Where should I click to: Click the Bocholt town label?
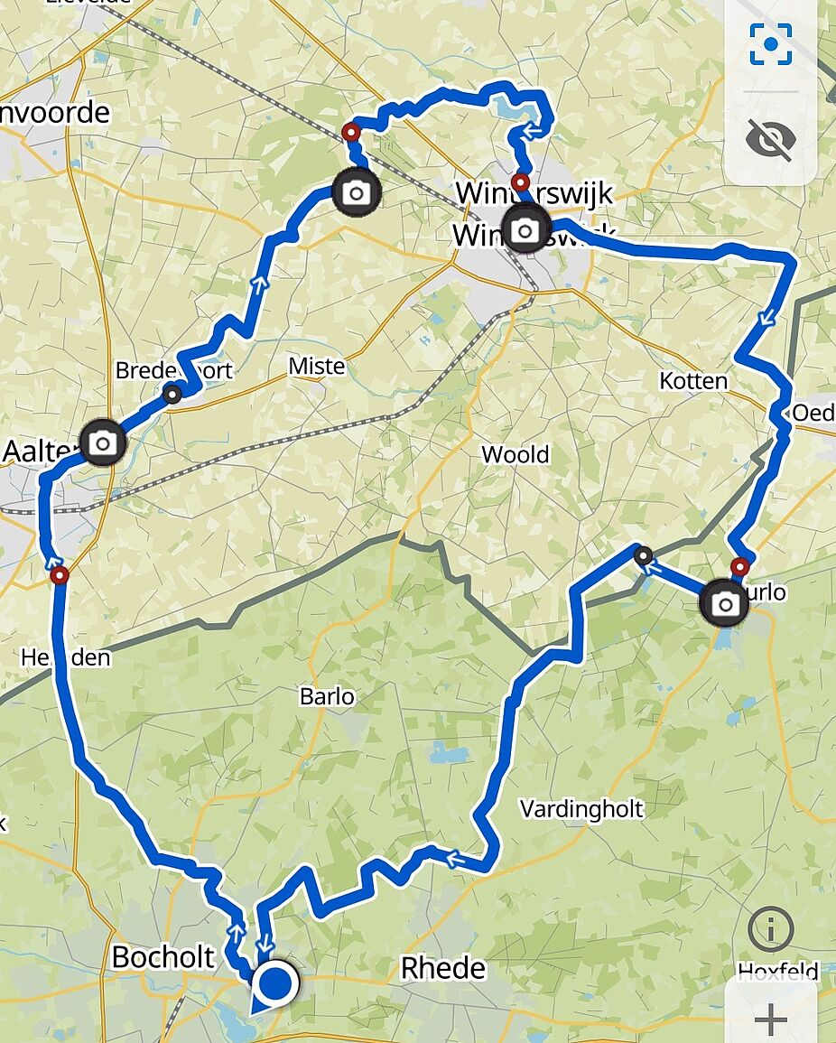[163, 957]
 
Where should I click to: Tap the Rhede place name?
[443, 968]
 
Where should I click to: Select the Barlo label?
[327, 697]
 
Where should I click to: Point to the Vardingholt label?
[581, 808]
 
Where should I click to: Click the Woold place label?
[515, 453]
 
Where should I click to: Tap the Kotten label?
[693, 380]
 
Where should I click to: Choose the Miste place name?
[316, 366]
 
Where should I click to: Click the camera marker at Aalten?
[103, 442]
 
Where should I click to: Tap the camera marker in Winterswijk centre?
[525, 229]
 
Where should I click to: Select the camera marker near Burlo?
[724, 603]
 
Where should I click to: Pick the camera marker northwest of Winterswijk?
[357, 191]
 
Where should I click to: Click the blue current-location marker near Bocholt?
[276, 984]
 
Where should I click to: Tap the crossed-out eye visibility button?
[771, 138]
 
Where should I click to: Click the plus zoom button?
[771, 1020]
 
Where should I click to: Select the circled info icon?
[770, 928]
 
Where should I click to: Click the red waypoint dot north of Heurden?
[60, 575]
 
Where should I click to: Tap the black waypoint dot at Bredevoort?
[172, 393]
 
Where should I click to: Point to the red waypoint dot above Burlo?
[739, 567]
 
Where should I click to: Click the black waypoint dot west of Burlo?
[644, 556]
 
